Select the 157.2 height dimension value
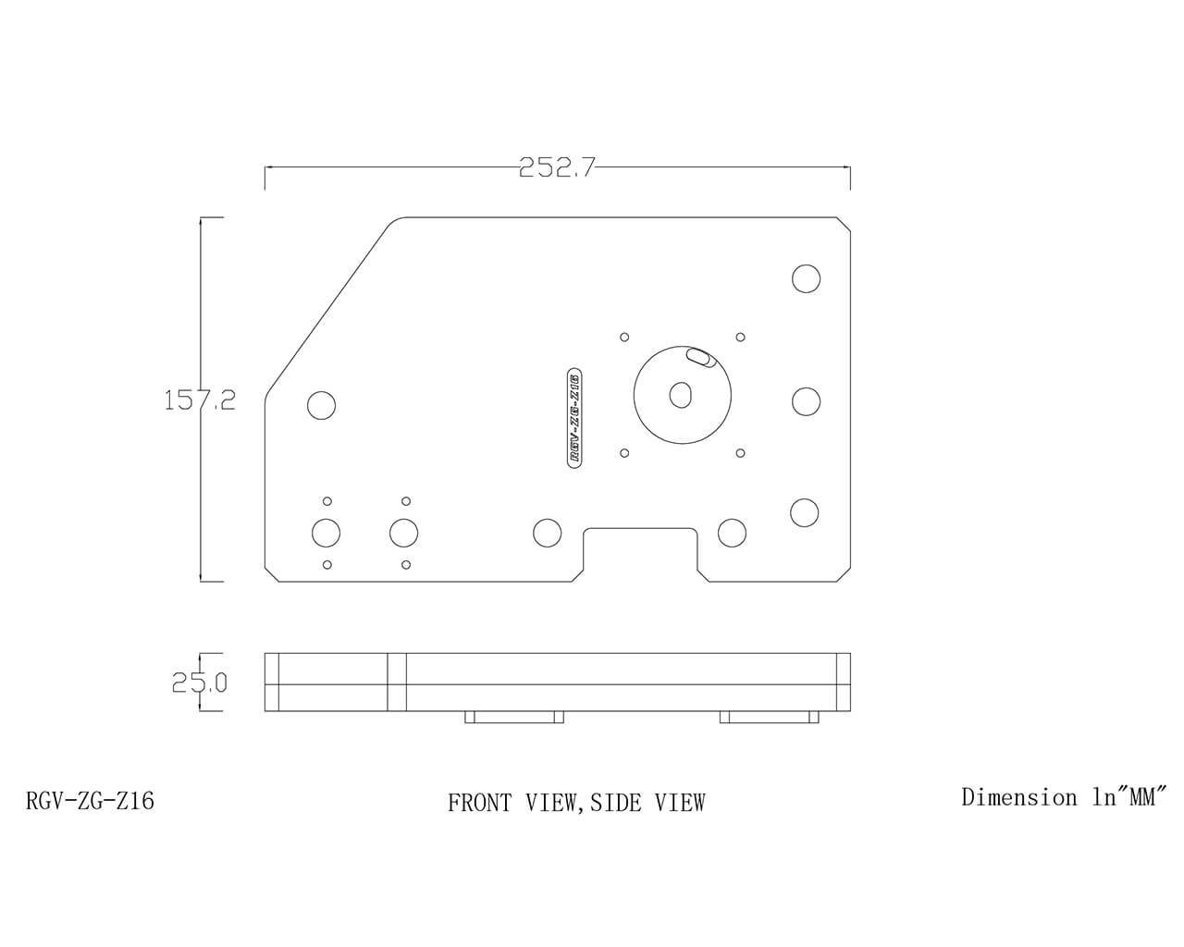click(200, 400)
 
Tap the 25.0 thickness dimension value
click(199, 683)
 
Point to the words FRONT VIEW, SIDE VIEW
click(576, 803)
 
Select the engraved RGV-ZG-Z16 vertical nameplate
click(573, 417)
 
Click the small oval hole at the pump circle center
click(681, 395)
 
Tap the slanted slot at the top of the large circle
click(699, 356)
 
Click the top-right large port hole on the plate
click(806, 278)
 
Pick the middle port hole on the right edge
click(806, 400)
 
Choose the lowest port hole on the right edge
click(805, 511)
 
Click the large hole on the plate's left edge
click(321, 405)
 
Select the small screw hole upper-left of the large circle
click(624, 337)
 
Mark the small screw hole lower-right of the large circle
click(740, 453)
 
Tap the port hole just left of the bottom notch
click(548, 533)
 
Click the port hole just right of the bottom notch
click(732, 533)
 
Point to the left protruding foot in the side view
click(514, 718)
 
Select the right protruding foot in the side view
click(769, 718)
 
